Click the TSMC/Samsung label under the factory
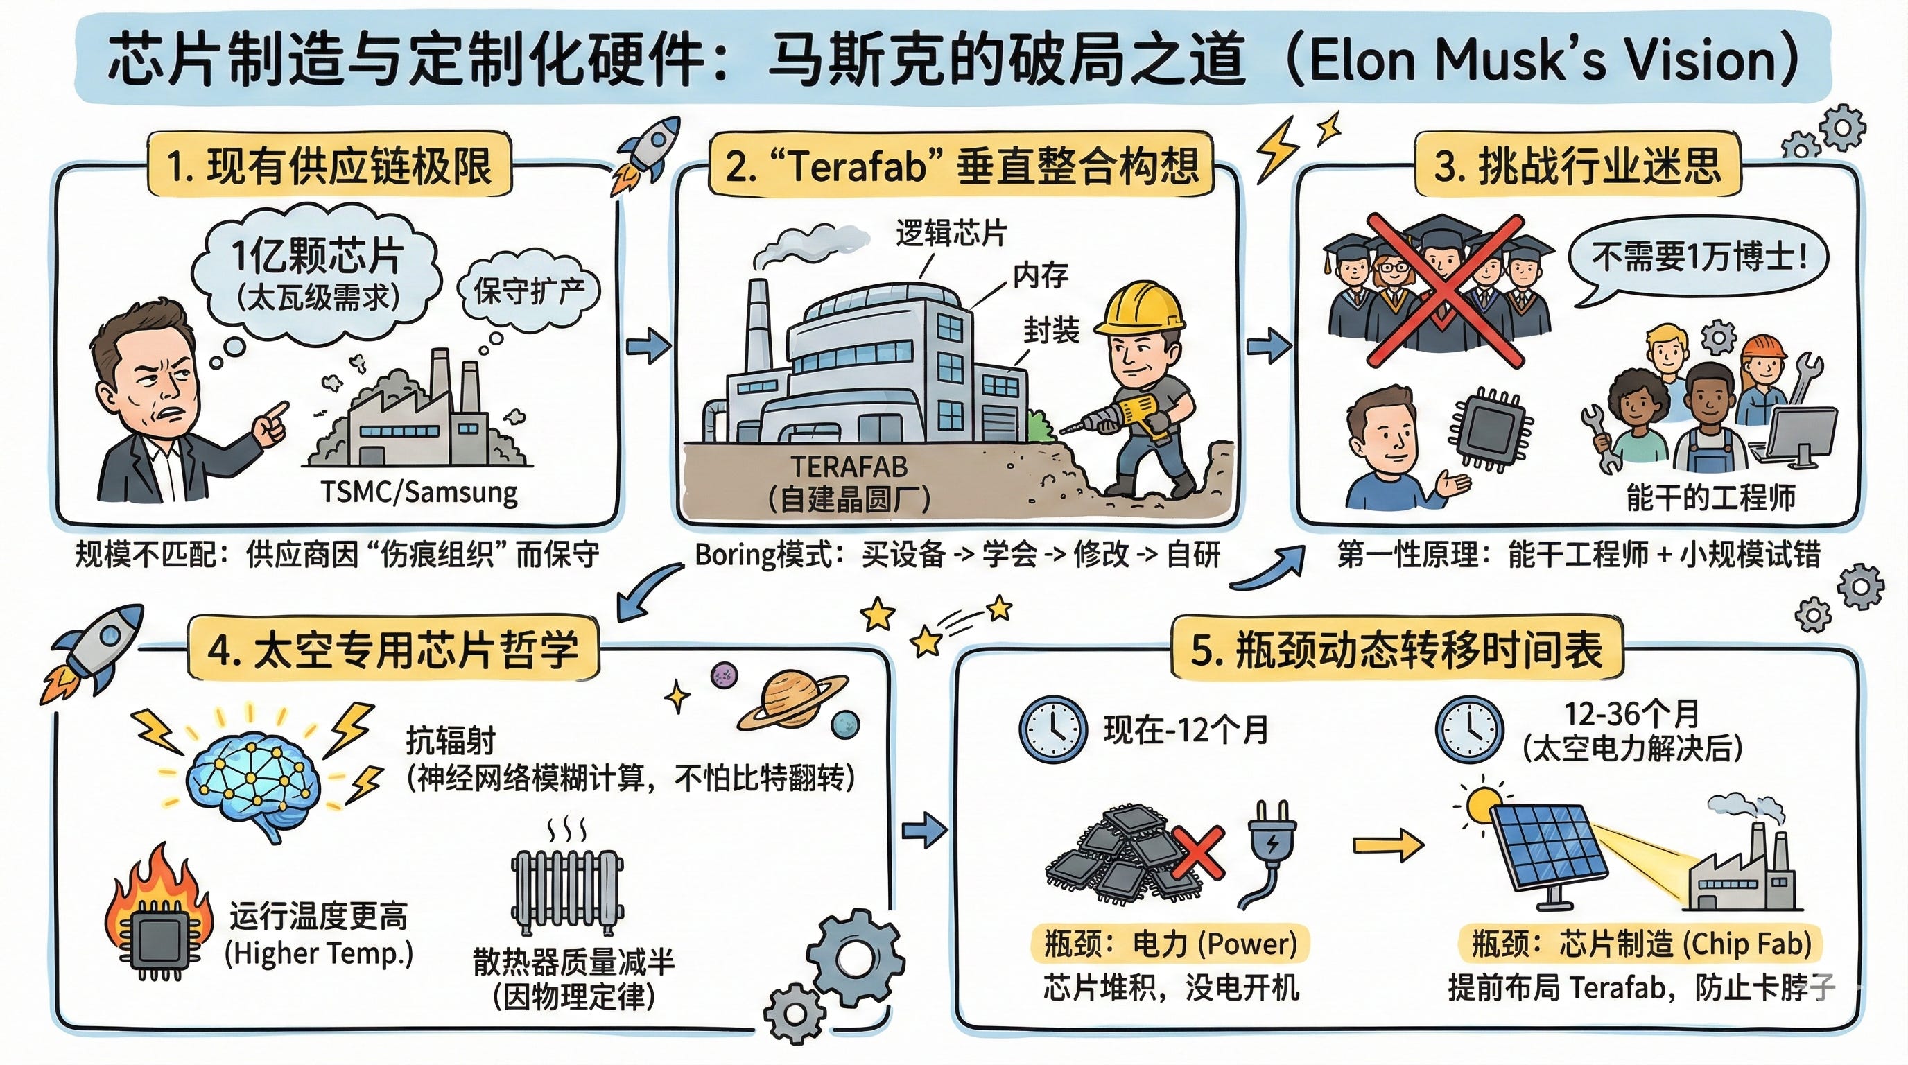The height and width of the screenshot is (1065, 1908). [419, 492]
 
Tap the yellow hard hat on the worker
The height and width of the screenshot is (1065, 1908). [1138, 307]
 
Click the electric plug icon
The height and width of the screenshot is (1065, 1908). [1269, 851]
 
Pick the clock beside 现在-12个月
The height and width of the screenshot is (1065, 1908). [1053, 730]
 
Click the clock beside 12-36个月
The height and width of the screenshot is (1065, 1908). [1470, 730]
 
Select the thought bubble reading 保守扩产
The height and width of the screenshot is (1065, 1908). [528, 291]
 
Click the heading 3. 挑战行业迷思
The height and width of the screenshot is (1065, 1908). [1578, 165]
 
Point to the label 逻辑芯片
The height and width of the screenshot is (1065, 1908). [951, 233]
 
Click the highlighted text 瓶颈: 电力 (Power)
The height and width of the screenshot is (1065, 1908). [1170, 944]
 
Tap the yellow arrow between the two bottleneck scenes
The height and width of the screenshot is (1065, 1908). [1387, 845]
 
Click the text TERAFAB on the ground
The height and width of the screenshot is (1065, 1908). [849, 467]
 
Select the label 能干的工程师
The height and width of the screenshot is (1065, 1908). [1710, 497]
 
